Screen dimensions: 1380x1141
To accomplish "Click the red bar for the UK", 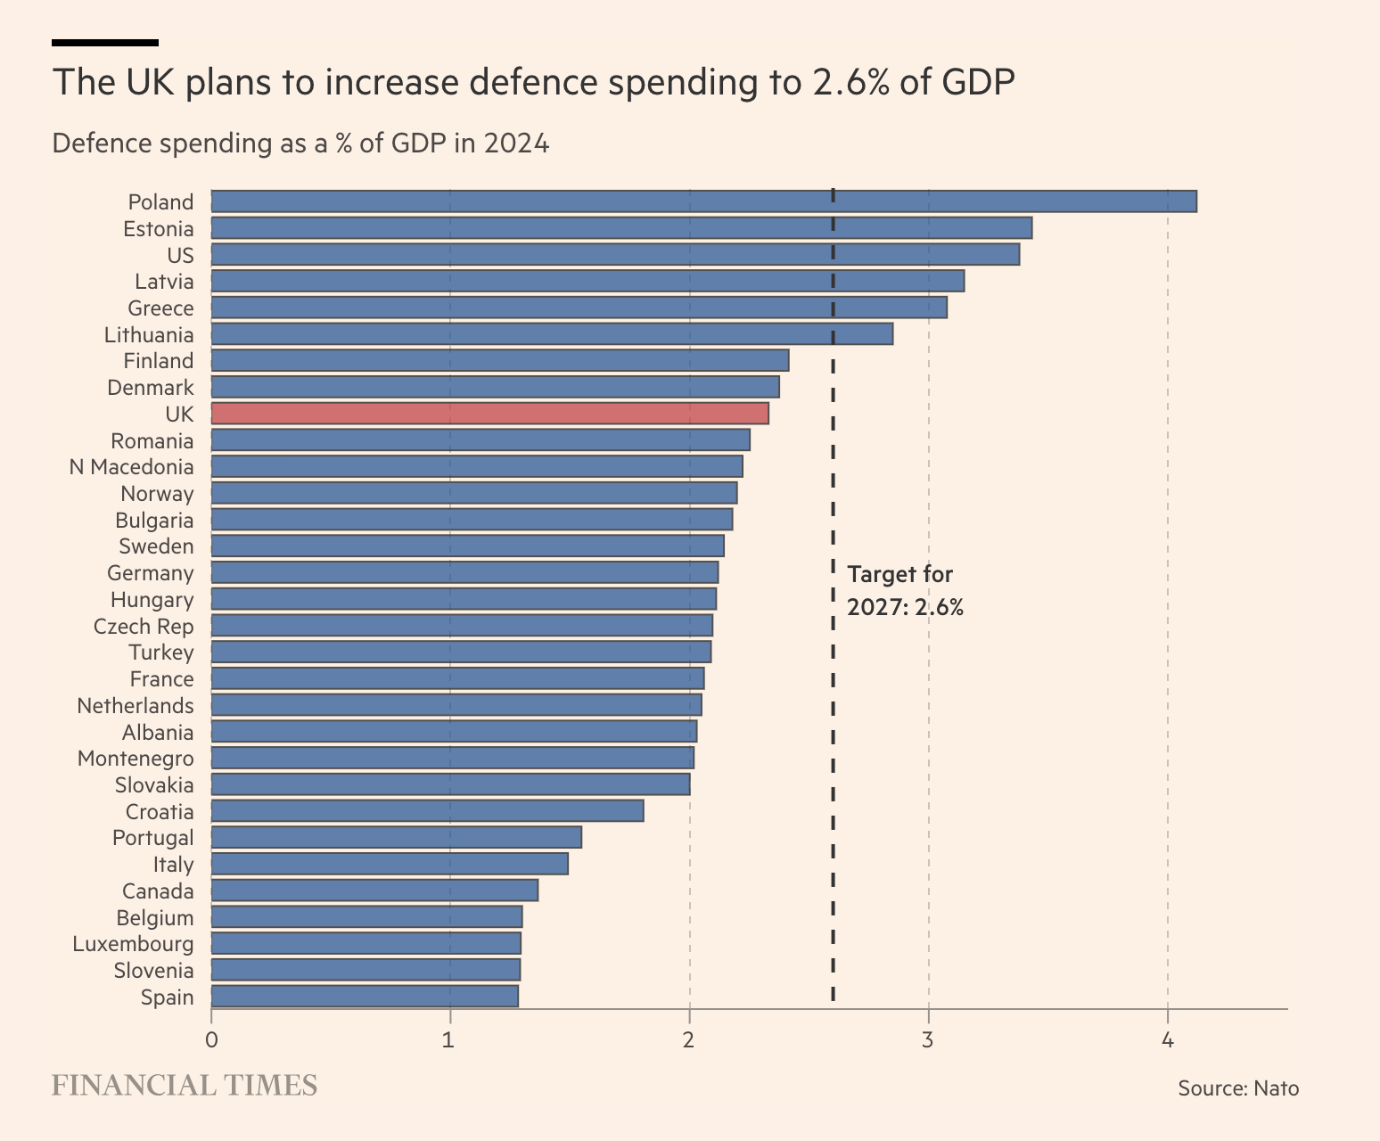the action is coord(489,414).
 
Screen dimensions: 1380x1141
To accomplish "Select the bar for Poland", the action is coord(704,201).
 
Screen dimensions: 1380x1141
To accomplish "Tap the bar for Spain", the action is coord(365,997).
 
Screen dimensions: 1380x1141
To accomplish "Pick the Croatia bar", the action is coord(428,811).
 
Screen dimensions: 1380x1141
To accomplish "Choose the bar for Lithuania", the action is coord(552,334).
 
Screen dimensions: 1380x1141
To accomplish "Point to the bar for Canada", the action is coord(374,891).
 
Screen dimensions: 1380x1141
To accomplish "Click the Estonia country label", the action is coord(159,229).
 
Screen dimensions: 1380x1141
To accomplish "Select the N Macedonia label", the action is coord(132,467).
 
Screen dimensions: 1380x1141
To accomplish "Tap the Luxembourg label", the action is coord(134,944).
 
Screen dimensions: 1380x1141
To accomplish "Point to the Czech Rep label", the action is coord(144,626).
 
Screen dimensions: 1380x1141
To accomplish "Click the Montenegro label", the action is coord(136,759).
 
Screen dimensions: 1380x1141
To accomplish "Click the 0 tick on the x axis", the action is coord(211,1040).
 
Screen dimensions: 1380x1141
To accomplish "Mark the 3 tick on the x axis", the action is coord(928,1040).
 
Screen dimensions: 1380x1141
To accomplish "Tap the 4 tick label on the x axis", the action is coord(1167,1040).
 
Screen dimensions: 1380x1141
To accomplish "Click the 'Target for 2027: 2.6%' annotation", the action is coord(905,590).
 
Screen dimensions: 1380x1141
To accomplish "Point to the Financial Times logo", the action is coord(185,1086).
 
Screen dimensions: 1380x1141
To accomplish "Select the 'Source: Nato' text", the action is coord(1238,1088).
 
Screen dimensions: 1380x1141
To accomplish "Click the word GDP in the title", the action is coord(978,82).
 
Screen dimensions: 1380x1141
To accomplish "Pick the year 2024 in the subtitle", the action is coord(516,144).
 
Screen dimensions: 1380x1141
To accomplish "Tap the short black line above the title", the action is coord(105,43).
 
